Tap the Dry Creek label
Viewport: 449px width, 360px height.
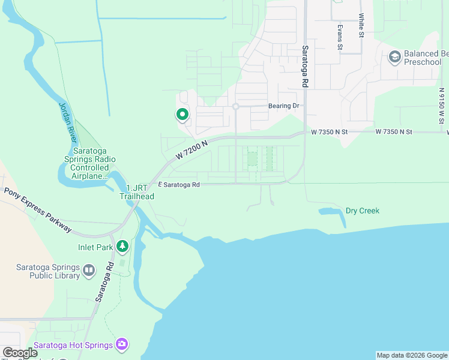coord(363,211)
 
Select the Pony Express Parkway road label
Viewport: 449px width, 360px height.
coord(38,210)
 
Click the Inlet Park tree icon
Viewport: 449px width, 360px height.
coord(122,246)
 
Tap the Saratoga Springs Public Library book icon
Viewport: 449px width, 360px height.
coord(89,271)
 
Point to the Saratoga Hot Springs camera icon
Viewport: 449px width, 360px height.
coord(122,344)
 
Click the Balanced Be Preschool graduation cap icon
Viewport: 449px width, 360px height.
coord(394,58)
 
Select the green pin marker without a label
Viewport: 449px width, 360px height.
coord(182,114)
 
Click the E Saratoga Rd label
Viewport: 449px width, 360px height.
coord(178,185)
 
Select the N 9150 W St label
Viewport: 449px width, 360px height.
coord(441,106)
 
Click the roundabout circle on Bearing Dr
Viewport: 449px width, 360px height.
coord(236,107)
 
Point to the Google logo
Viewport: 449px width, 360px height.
coord(20,353)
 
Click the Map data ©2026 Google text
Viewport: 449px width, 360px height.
coord(412,355)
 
